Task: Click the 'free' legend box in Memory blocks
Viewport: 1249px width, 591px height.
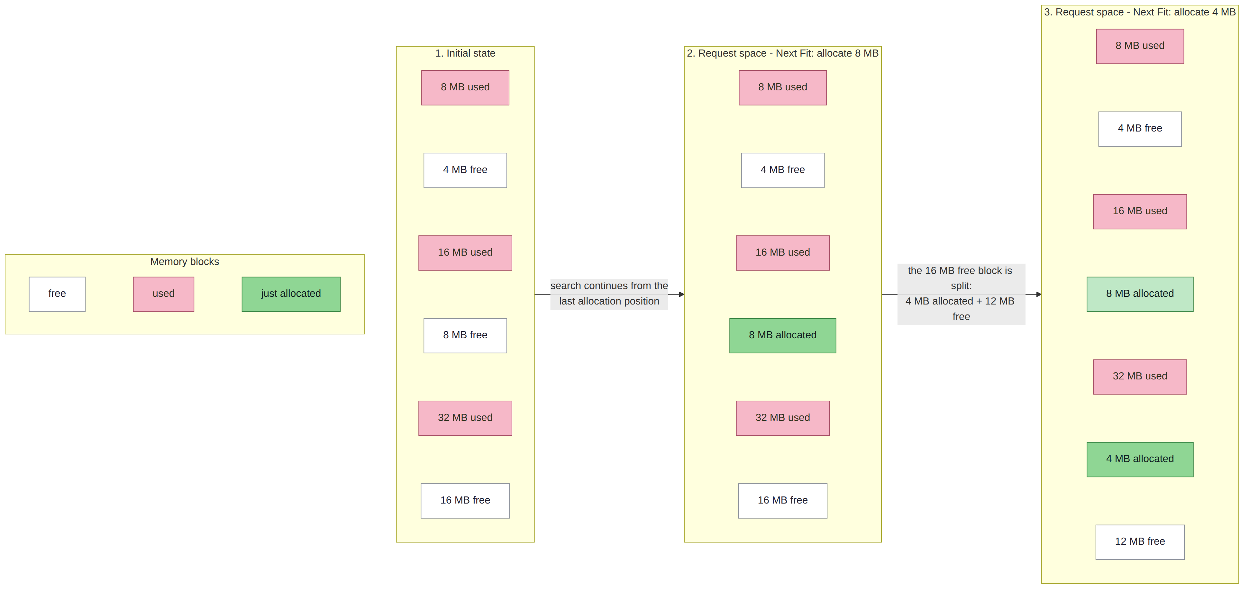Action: pyautogui.click(x=57, y=294)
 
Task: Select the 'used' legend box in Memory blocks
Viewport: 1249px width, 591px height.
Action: pyautogui.click(x=163, y=294)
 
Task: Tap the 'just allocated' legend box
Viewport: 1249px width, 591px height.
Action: pyautogui.click(x=291, y=294)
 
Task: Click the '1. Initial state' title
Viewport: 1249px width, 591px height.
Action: pyautogui.click(x=465, y=53)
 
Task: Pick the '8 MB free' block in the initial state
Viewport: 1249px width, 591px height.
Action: pyautogui.click(x=465, y=335)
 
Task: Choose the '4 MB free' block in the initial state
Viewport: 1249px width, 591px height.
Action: pyautogui.click(x=465, y=170)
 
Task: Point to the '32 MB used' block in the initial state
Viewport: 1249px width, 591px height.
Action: pyautogui.click(x=465, y=418)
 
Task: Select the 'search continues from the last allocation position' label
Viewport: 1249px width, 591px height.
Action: pyautogui.click(x=609, y=294)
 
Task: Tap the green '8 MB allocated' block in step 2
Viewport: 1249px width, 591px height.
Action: pyautogui.click(x=783, y=335)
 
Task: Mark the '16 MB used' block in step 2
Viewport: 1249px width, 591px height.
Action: pyautogui.click(x=783, y=253)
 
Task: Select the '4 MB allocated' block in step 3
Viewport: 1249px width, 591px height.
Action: pyautogui.click(x=1140, y=459)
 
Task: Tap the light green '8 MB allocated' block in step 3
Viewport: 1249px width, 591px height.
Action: pyautogui.click(x=1140, y=294)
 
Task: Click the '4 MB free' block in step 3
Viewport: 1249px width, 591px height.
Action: pyautogui.click(x=1140, y=129)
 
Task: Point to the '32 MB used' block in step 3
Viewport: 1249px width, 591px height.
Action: pyautogui.click(x=1140, y=377)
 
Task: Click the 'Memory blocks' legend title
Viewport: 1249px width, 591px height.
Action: pyautogui.click(x=185, y=262)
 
